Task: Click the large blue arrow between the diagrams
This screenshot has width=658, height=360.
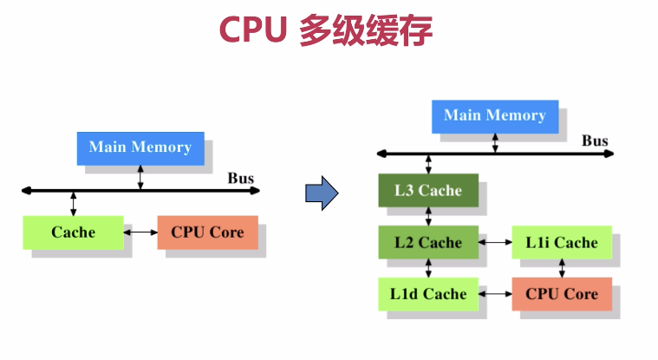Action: pyautogui.click(x=320, y=193)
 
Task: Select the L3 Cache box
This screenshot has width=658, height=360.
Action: pyautogui.click(x=428, y=191)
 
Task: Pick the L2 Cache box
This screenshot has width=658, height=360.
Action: pyautogui.click(x=428, y=242)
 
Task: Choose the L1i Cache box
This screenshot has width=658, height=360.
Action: pyautogui.click(x=562, y=242)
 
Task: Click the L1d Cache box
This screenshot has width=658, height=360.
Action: pyautogui.click(x=428, y=294)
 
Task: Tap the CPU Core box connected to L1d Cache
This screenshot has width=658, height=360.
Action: pyautogui.click(x=562, y=294)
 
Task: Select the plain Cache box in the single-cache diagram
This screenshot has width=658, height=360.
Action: pyautogui.click(x=73, y=232)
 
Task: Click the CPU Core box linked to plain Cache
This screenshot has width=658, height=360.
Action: pyautogui.click(x=207, y=232)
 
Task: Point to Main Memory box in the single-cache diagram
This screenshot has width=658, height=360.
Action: pyautogui.click(x=140, y=147)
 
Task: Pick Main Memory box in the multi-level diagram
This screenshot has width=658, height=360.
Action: pyautogui.click(x=495, y=116)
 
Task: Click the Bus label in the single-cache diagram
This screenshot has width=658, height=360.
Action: pyautogui.click(x=241, y=179)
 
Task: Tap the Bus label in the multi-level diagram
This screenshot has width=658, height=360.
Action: pyautogui.click(x=595, y=141)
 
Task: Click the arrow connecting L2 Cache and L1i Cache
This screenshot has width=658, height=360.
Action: pyautogui.click(x=495, y=242)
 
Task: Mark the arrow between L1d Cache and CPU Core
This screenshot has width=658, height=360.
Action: pyautogui.click(x=495, y=294)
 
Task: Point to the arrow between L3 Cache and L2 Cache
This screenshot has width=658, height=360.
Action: pyautogui.click(x=428, y=216)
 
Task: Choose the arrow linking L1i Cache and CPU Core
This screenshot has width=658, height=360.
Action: pyautogui.click(x=562, y=268)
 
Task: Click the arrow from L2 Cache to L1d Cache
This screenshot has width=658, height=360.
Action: pyautogui.click(x=428, y=268)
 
